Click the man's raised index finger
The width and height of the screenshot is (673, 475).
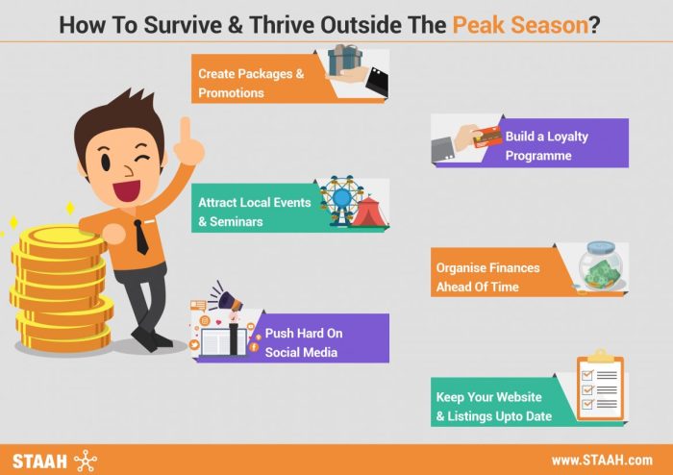[x=188, y=135]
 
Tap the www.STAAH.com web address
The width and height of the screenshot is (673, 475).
[x=601, y=460]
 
